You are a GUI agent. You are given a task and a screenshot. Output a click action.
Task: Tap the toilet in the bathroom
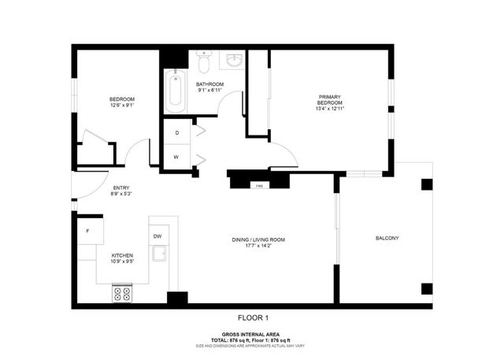coord(204,61)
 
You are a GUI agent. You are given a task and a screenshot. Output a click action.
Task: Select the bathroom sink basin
coord(234,60)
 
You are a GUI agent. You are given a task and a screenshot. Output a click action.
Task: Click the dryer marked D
coord(176,132)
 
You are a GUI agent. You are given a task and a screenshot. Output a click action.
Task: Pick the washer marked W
coord(176,157)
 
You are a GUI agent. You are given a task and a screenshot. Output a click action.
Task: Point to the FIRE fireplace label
coord(258,186)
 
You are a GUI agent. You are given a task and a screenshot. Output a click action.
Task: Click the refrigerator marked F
coord(87,231)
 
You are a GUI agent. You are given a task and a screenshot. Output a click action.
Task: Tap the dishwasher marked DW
coord(157,236)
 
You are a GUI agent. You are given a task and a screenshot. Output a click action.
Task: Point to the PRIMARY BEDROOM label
coord(329,99)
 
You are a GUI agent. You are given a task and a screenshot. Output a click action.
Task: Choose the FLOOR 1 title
coord(254,317)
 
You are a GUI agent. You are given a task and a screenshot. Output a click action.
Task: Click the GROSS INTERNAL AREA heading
coord(254,334)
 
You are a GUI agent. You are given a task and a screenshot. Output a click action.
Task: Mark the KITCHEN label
coord(121,256)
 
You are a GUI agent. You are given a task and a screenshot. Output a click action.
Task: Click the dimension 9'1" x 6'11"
coord(210,91)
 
